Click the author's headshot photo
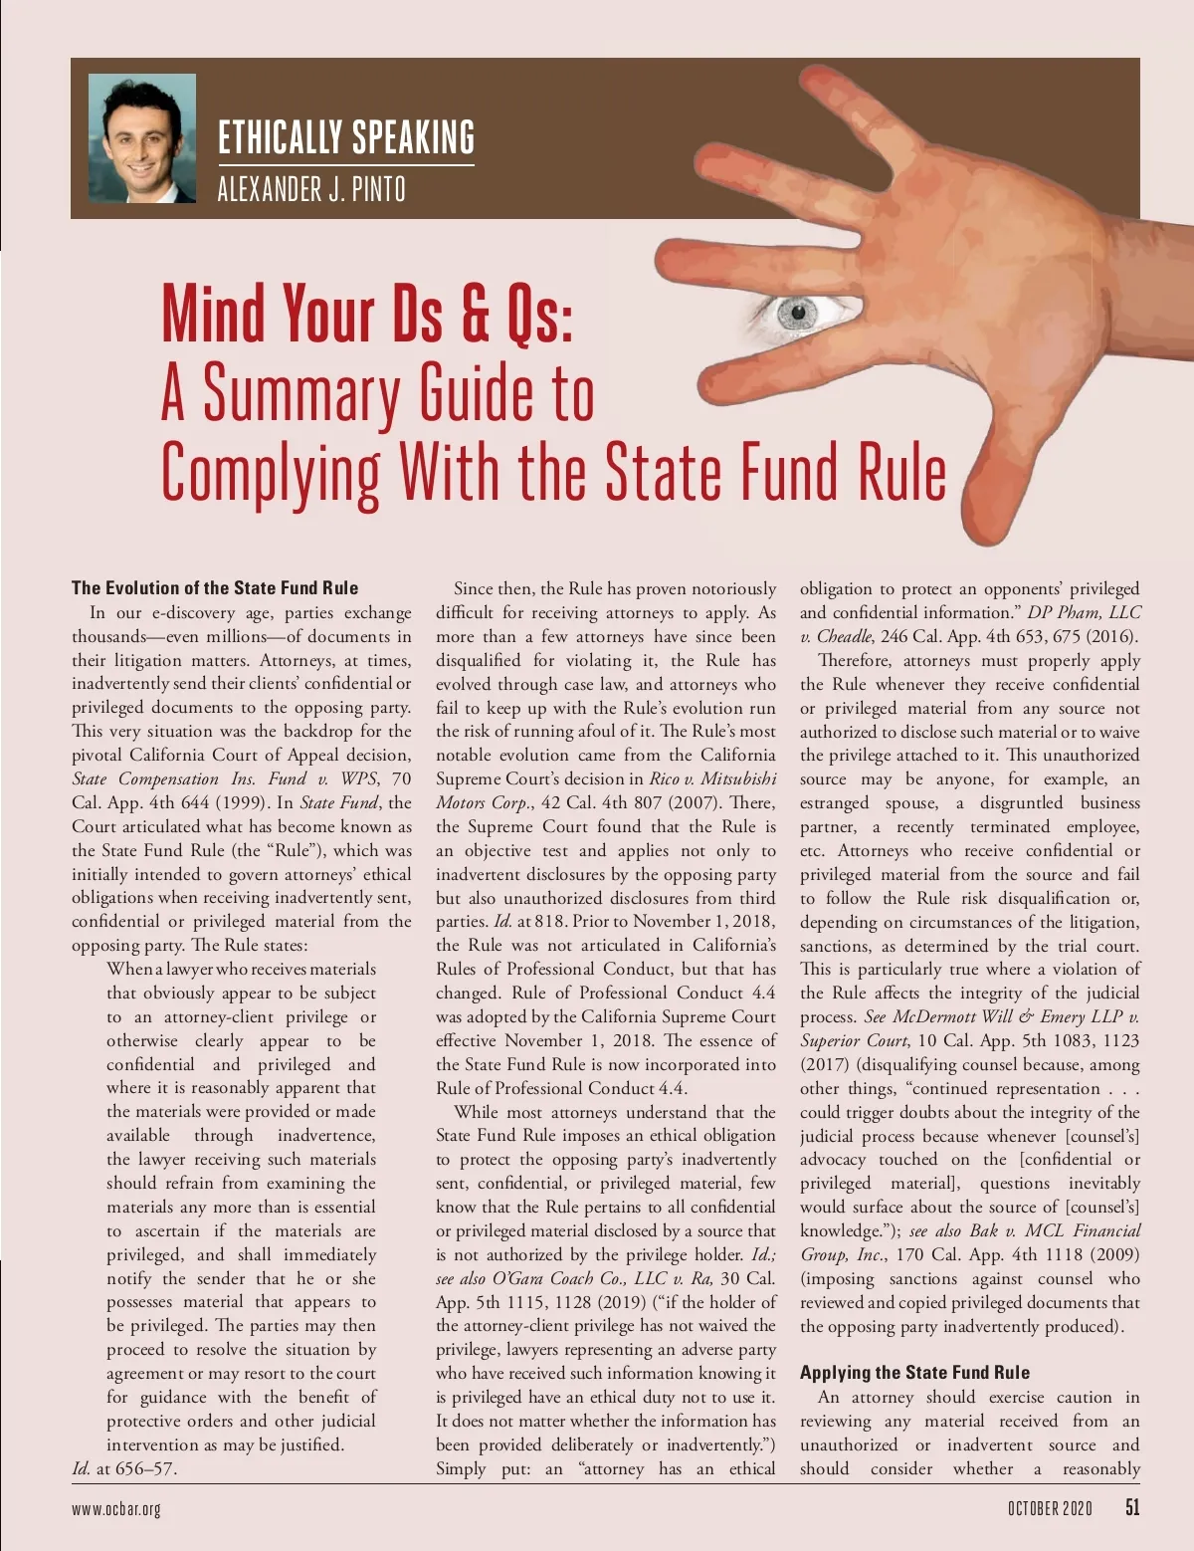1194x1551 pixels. (141, 138)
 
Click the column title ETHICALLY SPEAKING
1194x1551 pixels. (345, 137)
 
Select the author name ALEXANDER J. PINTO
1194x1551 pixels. (311, 188)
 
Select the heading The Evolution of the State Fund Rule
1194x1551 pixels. (215, 587)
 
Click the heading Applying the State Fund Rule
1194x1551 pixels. (914, 1372)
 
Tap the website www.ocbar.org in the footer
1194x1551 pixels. (115, 1508)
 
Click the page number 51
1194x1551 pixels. (1132, 1507)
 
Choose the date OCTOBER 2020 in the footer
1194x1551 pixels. (1050, 1508)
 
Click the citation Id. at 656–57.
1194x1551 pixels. (124, 1468)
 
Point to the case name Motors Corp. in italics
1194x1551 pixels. (483, 802)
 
